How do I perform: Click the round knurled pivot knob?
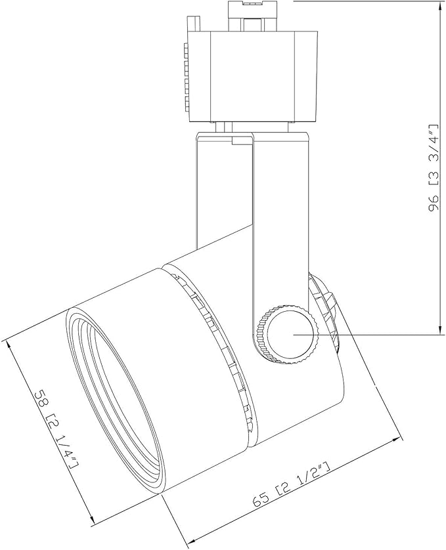288,334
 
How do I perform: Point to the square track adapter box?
252,77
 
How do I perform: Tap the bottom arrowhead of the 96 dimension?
439,329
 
